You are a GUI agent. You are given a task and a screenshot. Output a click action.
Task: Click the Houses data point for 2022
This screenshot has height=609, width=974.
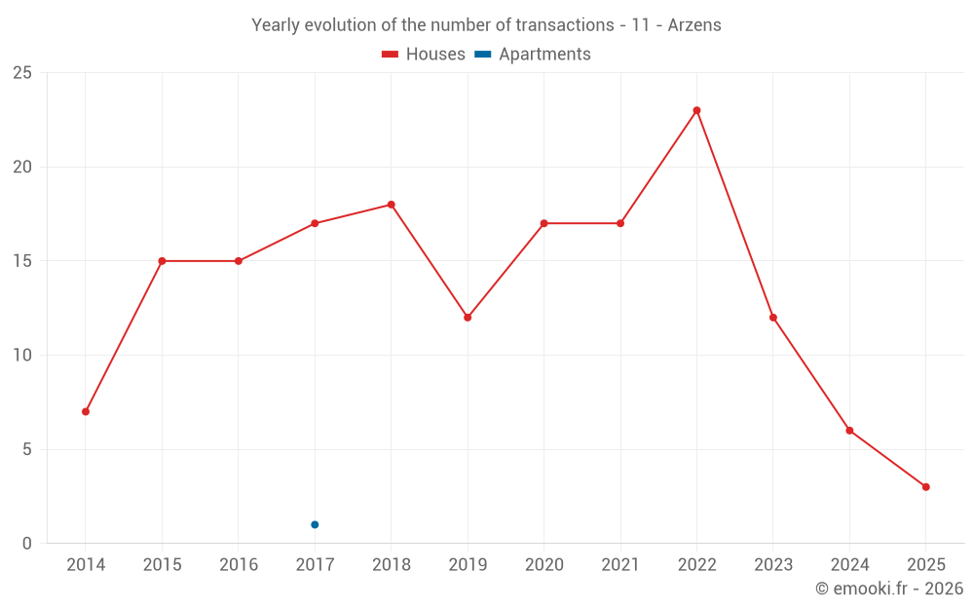click(x=696, y=110)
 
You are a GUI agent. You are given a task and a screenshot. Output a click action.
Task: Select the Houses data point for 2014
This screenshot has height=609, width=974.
click(x=86, y=411)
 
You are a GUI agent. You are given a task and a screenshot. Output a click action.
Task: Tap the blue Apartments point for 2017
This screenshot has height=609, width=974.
click(x=315, y=524)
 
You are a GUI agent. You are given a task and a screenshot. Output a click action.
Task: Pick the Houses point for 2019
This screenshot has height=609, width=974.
click(x=468, y=318)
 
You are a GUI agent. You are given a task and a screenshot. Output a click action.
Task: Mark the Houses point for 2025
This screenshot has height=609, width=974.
click(x=925, y=487)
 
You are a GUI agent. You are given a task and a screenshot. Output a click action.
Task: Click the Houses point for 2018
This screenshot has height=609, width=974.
click(x=391, y=205)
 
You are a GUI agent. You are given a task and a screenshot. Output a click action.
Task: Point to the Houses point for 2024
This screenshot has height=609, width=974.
click(x=849, y=431)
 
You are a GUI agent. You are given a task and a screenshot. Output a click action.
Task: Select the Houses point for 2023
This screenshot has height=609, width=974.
click(x=773, y=318)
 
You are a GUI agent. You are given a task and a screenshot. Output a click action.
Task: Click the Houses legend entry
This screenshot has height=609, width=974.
click(x=424, y=55)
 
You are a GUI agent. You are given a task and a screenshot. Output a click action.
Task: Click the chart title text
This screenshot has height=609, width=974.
click(x=486, y=25)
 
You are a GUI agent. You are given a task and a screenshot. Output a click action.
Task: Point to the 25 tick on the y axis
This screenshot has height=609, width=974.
click(x=21, y=73)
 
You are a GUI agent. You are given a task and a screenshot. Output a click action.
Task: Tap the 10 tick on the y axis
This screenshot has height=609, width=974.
click(x=21, y=356)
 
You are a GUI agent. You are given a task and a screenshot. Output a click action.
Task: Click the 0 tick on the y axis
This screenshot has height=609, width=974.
click(x=26, y=544)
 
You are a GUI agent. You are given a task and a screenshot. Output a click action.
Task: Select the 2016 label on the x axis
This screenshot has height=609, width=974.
click(x=239, y=565)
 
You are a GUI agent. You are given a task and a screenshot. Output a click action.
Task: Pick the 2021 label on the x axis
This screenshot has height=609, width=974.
click(x=620, y=565)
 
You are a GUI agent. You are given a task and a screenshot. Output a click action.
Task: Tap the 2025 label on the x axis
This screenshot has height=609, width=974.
click(x=925, y=565)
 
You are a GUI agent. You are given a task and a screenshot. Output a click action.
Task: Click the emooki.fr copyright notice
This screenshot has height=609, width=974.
click(x=888, y=589)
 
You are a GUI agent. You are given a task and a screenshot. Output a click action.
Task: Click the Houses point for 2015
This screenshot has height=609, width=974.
click(x=162, y=261)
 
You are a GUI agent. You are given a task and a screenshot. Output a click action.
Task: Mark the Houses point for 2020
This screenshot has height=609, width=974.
click(x=543, y=223)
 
